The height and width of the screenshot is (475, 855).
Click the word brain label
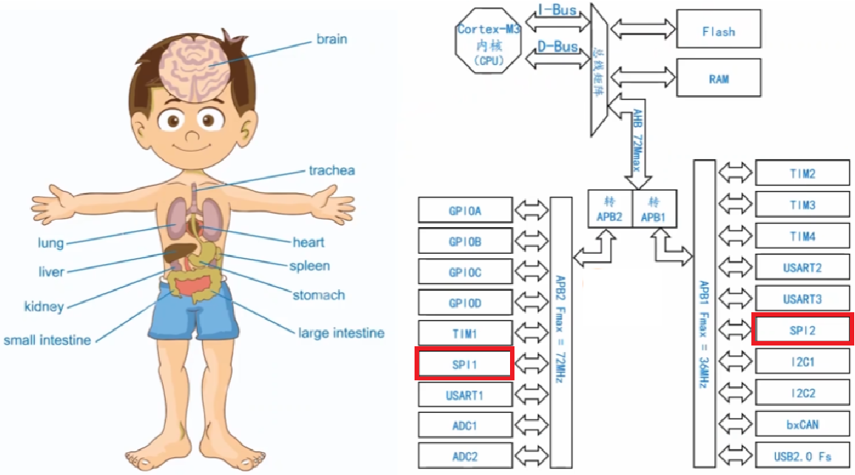(331, 38)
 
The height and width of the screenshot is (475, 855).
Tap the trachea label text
(332, 171)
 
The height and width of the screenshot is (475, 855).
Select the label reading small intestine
(47, 340)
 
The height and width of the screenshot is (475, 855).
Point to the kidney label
(44, 306)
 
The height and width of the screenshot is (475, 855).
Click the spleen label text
(309, 266)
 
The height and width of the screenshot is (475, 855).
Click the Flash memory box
(718, 32)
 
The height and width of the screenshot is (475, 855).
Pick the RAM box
(718, 78)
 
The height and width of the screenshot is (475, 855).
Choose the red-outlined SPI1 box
(464, 364)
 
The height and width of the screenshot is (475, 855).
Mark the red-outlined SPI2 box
(802, 329)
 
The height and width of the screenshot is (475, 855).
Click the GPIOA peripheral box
(464, 210)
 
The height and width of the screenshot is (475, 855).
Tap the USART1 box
(464, 395)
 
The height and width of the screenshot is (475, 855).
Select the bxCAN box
(802, 424)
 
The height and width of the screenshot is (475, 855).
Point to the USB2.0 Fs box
(802, 456)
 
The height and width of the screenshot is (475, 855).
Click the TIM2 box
(802, 174)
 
